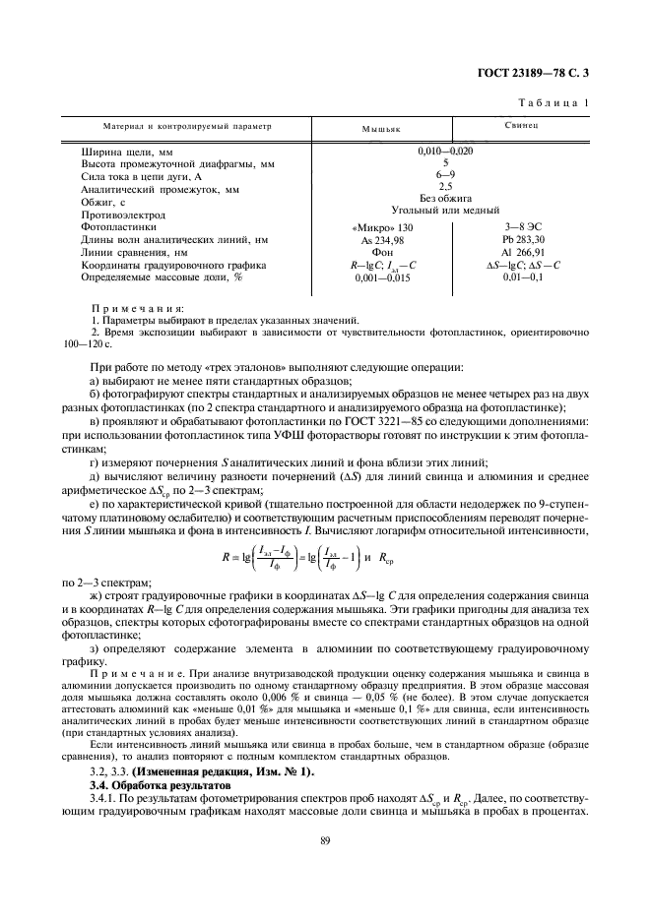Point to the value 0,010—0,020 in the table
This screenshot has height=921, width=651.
pyautogui.click(x=446, y=151)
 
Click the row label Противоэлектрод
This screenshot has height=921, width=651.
pyautogui.click(x=123, y=214)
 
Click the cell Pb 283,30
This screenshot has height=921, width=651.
pyautogui.click(x=522, y=240)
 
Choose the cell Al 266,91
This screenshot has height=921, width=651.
pyautogui.click(x=522, y=253)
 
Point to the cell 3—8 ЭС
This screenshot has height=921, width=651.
pyautogui.click(x=522, y=227)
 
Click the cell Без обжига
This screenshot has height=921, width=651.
pyautogui.click(x=446, y=199)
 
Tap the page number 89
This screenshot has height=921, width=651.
pyautogui.click(x=324, y=839)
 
